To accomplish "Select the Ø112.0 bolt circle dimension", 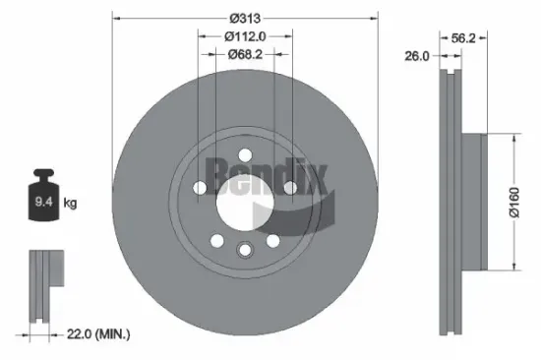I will click(245, 35).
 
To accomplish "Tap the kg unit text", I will click(70, 204).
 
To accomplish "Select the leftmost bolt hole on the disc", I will click(200, 188).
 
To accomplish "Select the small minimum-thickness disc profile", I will click(41, 285).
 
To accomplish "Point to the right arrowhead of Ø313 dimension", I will click(374, 18).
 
